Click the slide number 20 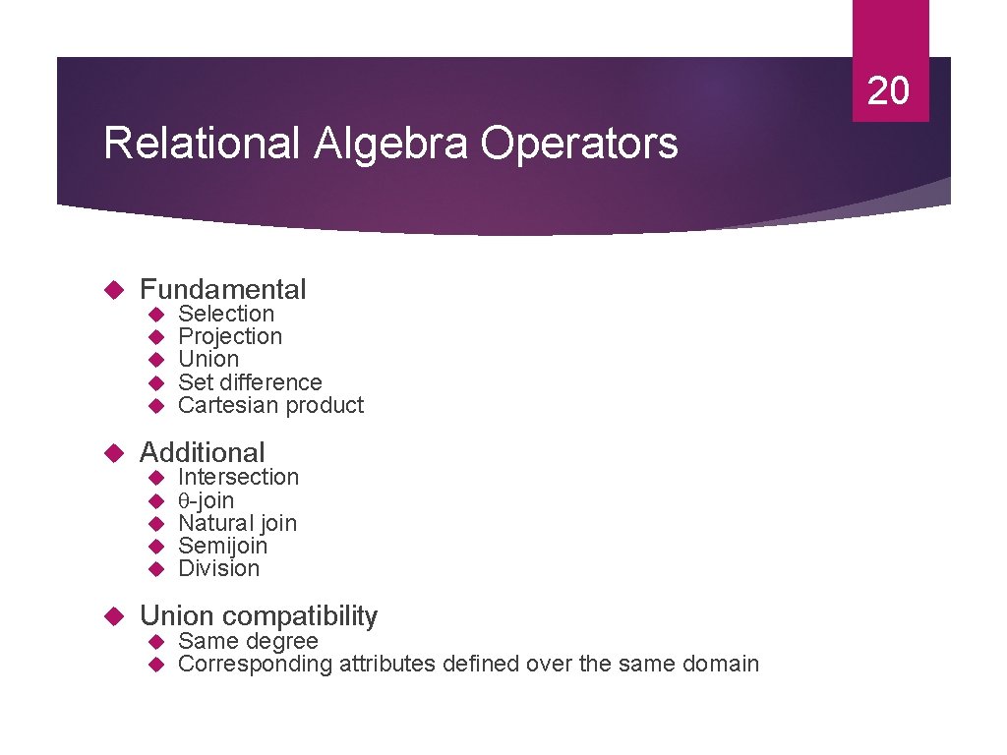(889, 90)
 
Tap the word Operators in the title (579, 144)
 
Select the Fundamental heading (223, 289)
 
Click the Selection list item (226, 314)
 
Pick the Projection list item (230, 336)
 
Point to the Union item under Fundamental (208, 359)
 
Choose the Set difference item (250, 382)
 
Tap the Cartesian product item (270, 405)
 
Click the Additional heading (203, 452)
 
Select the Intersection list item (238, 477)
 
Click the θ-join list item (206, 500)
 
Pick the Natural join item (237, 523)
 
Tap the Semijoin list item (222, 546)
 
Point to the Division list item (218, 568)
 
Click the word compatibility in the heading (300, 616)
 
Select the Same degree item (248, 641)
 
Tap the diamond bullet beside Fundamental (112, 290)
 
